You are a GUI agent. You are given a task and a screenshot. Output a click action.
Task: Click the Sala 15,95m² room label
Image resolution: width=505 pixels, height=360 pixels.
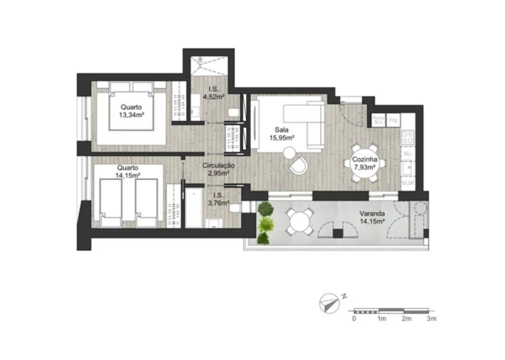pyautogui.click(x=286, y=134)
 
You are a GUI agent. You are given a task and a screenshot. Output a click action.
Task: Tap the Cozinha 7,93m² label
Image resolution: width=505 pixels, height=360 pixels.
pyautogui.click(x=364, y=164)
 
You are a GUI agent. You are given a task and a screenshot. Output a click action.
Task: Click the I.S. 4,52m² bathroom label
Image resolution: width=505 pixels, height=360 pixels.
pyautogui.click(x=212, y=92)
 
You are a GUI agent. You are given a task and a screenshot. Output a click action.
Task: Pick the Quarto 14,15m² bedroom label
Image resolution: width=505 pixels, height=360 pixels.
pyautogui.click(x=124, y=171)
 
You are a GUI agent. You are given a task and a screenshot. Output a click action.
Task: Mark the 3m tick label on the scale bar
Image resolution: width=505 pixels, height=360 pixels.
pyautogui.click(x=431, y=319)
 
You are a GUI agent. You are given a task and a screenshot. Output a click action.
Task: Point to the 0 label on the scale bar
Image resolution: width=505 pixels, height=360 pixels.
pyautogui.click(x=353, y=319)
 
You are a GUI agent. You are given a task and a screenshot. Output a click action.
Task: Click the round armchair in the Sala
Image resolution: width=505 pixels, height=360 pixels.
pyautogui.click(x=300, y=165)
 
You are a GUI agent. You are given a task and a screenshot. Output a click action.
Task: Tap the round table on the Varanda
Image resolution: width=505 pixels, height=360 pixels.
pyautogui.click(x=299, y=223)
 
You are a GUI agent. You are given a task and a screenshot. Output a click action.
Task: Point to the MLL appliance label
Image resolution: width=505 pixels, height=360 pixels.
pyautogui.click(x=408, y=154)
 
